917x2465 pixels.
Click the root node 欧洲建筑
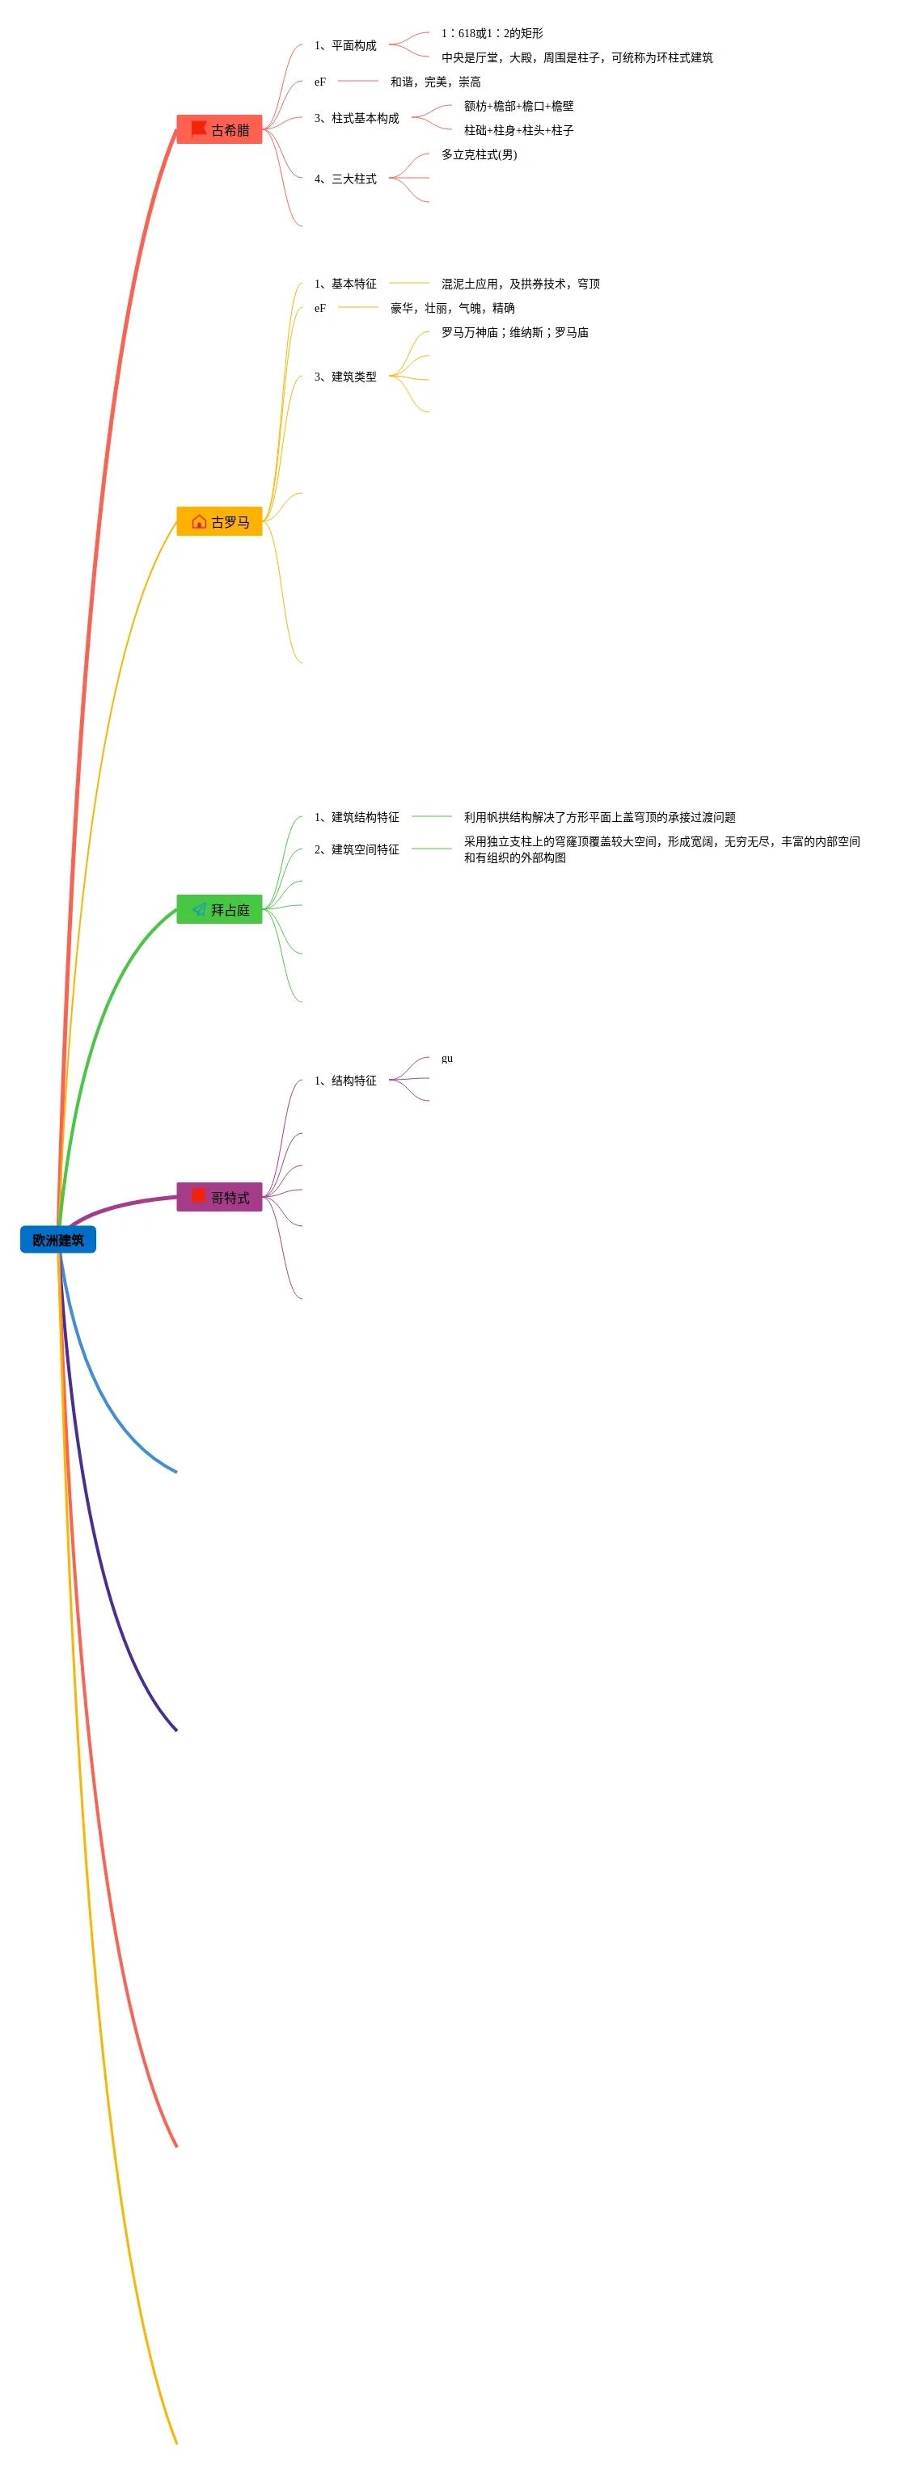[x=57, y=1239]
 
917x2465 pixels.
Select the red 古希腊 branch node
[x=219, y=129]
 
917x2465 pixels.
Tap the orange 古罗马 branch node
[x=219, y=521]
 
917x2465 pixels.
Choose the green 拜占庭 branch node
[x=219, y=909]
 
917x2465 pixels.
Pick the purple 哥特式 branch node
[x=219, y=1197]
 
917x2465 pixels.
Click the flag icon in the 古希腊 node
[x=199, y=129]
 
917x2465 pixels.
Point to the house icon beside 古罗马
[x=199, y=521]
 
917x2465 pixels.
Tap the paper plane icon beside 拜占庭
[x=199, y=909]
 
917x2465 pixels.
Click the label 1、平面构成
[x=344, y=45]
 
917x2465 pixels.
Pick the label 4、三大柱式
[x=344, y=179]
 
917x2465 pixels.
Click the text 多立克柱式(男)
[x=479, y=154]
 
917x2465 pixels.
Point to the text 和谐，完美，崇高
[x=436, y=82]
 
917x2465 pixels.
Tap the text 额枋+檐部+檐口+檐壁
[x=519, y=105]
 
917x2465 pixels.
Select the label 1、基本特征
[x=344, y=283]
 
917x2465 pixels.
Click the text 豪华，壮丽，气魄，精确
[x=453, y=308]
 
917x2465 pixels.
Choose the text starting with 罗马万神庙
[x=515, y=332]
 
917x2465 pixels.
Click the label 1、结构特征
[x=344, y=1081]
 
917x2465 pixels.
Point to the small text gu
[x=447, y=1059]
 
